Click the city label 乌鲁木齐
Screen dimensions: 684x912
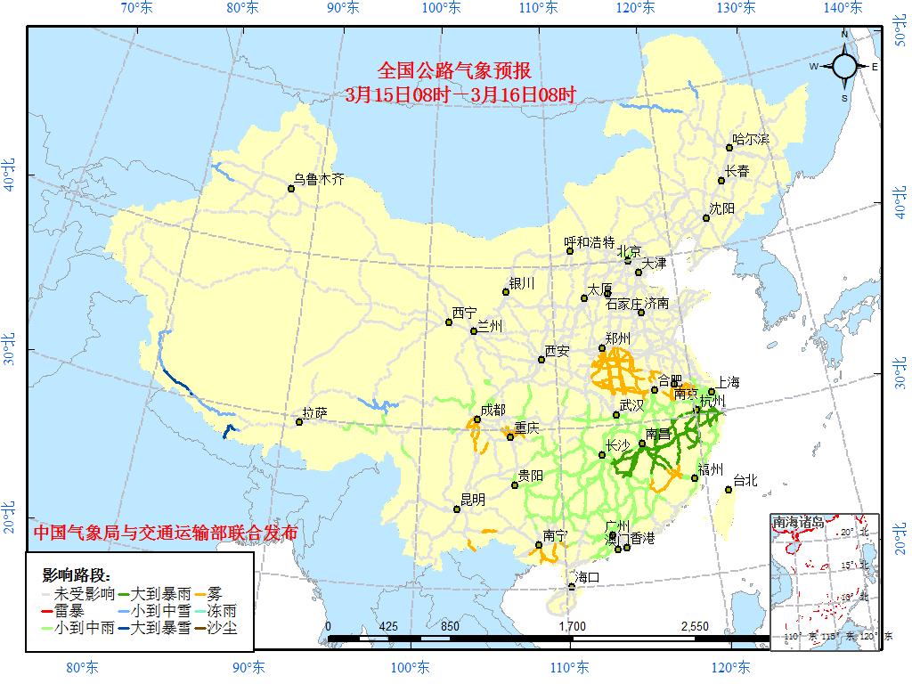(319, 179)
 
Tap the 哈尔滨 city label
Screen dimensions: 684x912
(751, 140)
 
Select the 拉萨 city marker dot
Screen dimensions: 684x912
(298, 421)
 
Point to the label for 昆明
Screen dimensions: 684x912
(472, 501)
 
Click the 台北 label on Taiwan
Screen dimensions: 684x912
(745, 480)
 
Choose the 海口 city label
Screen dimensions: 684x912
(588, 577)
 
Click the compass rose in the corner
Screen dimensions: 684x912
(844, 66)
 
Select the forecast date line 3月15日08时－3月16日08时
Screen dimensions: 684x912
(460, 94)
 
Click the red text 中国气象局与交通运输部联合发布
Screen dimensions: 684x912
(166, 533)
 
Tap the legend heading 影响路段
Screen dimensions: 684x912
(77, 574)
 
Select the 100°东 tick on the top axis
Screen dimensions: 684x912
(441, 8)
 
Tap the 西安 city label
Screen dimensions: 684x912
(557, 351)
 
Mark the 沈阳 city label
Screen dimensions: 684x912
(722, 208)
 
